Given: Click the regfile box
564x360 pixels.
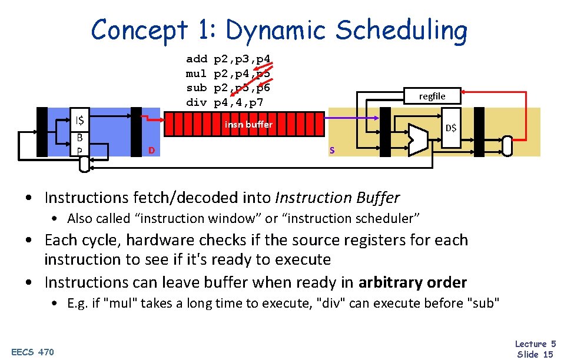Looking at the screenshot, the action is [432, 96].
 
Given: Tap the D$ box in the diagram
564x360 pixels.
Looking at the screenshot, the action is [450, 128].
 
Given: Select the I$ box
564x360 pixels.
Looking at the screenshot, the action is [78, 121].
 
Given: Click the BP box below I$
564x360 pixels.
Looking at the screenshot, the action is [78, 144].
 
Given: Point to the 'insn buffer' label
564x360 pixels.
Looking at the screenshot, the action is [248, 124].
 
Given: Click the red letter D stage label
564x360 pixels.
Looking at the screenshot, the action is [151, 151].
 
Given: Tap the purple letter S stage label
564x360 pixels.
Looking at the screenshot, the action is [332, 151].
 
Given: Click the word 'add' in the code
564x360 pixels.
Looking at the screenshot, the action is [197, 59].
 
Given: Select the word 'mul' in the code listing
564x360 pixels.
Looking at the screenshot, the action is [197, 74].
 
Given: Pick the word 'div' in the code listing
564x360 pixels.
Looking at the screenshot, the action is [197, 103].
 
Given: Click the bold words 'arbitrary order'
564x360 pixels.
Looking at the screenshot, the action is [412, 282].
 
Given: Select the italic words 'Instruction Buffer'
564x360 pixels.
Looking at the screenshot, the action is [337, 198].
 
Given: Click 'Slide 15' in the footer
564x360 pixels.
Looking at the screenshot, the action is [535, 354].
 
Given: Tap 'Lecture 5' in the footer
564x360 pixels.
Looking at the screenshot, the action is [535, 344].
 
